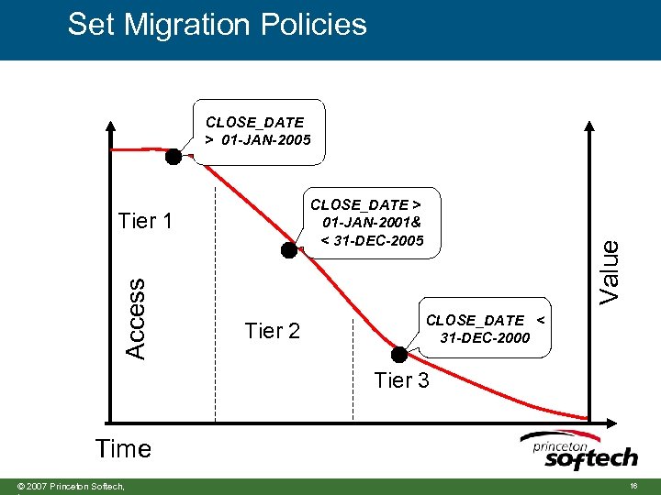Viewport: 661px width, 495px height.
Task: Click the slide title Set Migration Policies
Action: [217, 25]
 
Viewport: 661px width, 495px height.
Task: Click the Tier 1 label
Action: [145, 221]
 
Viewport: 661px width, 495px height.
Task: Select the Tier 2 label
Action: [273, 331]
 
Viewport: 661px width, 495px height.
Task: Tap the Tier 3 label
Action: [401, 380]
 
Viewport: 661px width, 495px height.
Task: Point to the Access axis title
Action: [135, 318]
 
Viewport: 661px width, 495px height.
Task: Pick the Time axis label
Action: [123, 448]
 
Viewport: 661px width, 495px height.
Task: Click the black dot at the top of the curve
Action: [173, 156]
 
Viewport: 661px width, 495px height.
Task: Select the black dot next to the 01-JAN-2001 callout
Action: [289, 249]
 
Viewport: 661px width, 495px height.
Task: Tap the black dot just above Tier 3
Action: [399, 354]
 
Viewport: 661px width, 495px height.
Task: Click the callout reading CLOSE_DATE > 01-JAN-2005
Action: [258, 131]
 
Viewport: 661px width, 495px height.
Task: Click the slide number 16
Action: [633, 484]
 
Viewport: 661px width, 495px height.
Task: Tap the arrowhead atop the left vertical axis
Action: [110, 126]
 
